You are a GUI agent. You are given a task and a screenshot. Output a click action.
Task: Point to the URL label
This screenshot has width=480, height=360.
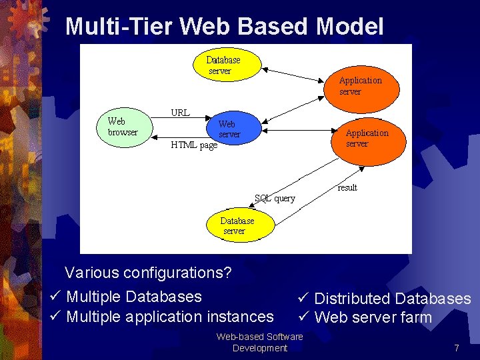click(180, 113)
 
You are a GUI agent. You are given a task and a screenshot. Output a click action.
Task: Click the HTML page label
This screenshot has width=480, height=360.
click(194, 145)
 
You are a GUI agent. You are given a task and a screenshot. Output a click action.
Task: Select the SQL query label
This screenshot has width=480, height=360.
click(275, 198)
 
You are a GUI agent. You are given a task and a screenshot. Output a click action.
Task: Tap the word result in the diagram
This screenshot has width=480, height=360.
click(347, 188)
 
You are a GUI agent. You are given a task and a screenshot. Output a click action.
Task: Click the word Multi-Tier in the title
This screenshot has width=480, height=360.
click(119, 27)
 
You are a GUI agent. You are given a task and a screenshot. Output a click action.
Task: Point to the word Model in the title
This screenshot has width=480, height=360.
click(350, 27)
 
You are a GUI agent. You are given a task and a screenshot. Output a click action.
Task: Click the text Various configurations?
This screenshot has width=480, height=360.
click(148, 273)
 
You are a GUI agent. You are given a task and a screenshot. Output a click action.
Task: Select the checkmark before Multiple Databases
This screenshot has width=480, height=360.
click(56, 296)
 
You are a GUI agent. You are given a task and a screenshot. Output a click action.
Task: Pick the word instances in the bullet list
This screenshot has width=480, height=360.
click(240, 317)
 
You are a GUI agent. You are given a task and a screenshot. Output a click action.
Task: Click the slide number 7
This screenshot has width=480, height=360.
click(457, 348)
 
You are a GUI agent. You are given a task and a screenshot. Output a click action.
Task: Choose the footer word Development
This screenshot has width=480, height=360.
click(260, 348)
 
